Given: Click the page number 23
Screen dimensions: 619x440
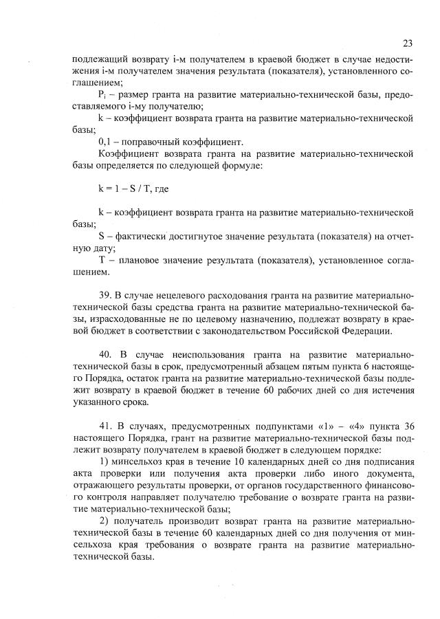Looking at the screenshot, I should pos(407,43).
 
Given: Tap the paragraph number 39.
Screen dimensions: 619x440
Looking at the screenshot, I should pos(105,297).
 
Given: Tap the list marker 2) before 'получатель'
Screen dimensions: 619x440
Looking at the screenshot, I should pos(104,522).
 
